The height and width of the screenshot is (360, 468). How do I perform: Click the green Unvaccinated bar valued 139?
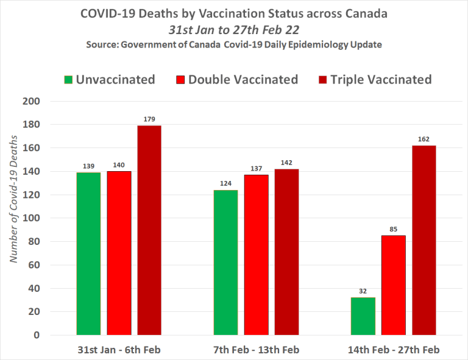(88, 253)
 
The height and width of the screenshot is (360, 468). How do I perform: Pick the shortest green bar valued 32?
(364, 316)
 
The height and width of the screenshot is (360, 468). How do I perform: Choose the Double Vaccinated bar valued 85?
(394, 285)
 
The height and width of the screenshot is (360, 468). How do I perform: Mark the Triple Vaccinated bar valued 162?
(424, 240)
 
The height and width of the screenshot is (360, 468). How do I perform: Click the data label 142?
(286, 163)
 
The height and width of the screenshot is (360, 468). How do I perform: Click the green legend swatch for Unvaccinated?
(69, 80)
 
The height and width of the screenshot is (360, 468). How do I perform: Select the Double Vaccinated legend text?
(243, 80)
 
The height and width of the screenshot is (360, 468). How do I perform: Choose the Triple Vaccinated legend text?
(381, 80)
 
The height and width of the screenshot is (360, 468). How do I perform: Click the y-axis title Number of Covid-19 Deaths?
(13, 200)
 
